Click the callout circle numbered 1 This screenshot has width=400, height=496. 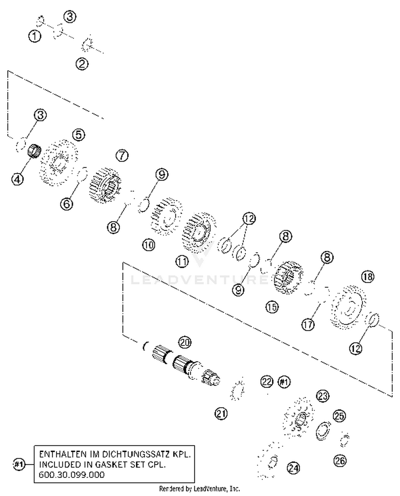(x=35, y=36)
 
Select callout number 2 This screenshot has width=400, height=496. (x=82, y=64)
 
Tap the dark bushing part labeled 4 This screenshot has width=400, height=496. (x=34, y=151)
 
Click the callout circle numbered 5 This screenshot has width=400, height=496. (x=79, y=135)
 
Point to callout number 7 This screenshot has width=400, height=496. (x=122, y=155)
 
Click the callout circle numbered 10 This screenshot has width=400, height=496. (x=149, y=245)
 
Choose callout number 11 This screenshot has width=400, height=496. (x=182, y=261)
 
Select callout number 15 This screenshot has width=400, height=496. (x=272, y=307)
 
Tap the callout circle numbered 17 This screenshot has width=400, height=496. (x=308, y=325)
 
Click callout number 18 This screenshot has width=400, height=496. (x=368, y=277)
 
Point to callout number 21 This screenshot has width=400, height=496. (x=221, y=414)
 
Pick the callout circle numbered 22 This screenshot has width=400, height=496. (x=267, y=382)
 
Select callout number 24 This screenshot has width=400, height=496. (x=293, y=467)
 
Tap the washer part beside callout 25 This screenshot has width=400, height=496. (x=323, y=430)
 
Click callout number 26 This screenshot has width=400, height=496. (x=340, y=461)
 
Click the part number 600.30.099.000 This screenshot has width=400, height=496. (x=71, y=475)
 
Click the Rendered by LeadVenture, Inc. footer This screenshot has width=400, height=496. (x=199, y=489)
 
